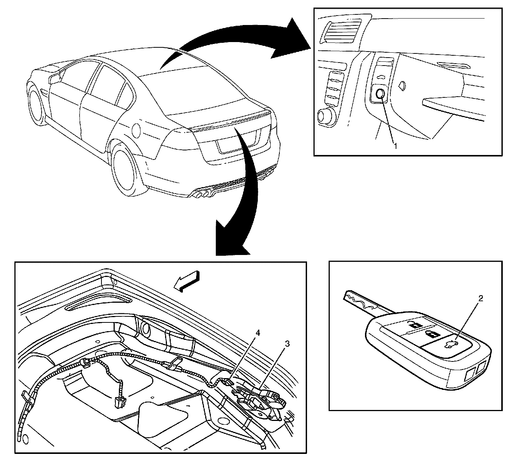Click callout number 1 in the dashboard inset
[x=396, y=145]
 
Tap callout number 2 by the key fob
[x=481, y=299]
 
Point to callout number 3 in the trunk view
[x=287, y=344]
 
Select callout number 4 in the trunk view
[x=258, y=333]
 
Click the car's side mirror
[x=55, y=78]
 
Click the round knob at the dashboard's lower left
[x=325, y=116]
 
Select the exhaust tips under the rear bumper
[x=203, y=194]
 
